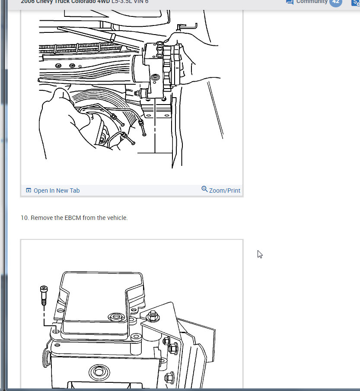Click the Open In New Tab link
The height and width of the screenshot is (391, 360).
(56, 191)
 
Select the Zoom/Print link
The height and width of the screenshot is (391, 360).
(224, 191)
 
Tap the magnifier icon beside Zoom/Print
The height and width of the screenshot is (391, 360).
(205, 189)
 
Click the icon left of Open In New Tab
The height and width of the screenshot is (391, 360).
(29, 191)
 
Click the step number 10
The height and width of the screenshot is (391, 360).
(24, 218)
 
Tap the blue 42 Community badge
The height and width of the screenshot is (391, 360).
(335, 2)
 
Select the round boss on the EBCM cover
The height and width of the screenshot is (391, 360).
(116, 318)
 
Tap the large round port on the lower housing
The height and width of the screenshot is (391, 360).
(96, 372)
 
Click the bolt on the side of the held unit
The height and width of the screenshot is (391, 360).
(154, 79)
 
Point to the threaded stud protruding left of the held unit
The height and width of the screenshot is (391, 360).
(139, 92)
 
